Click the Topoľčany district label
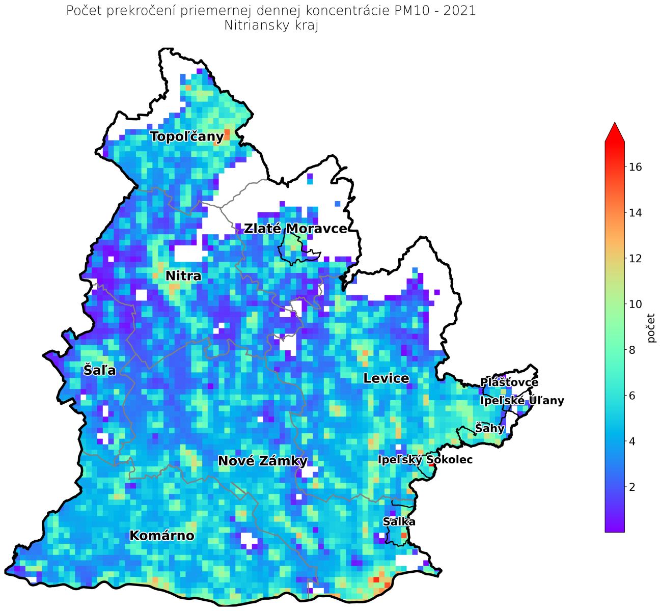click(187, 136)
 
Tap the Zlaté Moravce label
click(295, 229)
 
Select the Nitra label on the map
click(183, 276)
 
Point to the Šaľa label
click(100, 370)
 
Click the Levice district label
click(386, 378)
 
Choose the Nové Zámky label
click(262, 461)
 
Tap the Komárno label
click(162, 536)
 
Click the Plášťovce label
click(509, 382)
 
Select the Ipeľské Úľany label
click(522, 401)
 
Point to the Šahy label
click(489, 428)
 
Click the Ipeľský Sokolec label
click(425, 460)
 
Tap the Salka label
click(399, 522)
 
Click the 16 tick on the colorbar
click(635, 167)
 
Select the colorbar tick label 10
click(635, 304)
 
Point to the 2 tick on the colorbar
click(632, 487)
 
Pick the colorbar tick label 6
click(632, 396)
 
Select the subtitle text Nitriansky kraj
click(271, 26)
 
